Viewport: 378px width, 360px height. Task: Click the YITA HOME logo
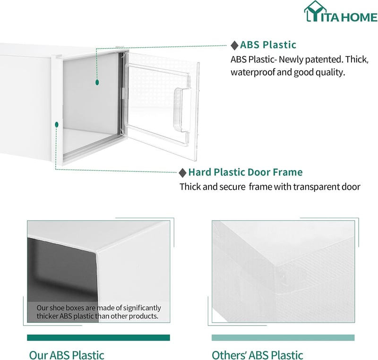click(341, 11)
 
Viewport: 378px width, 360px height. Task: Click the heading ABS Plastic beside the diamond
click(268, 45)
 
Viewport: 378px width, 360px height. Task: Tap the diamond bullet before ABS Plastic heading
click(234, 45)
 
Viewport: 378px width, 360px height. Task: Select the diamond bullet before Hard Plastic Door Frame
click(183, 173)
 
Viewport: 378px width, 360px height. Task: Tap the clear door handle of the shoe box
click(182, 110)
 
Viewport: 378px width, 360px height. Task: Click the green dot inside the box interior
click(97, 82)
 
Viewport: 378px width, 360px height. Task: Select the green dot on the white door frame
click(57, 125)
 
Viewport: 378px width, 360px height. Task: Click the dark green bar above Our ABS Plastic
click(98, 338)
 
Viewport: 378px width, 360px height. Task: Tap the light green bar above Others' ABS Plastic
click(283, 338)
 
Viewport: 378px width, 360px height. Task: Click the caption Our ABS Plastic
click(67, 355)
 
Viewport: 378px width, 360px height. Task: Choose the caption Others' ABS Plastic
click(257, 355)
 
